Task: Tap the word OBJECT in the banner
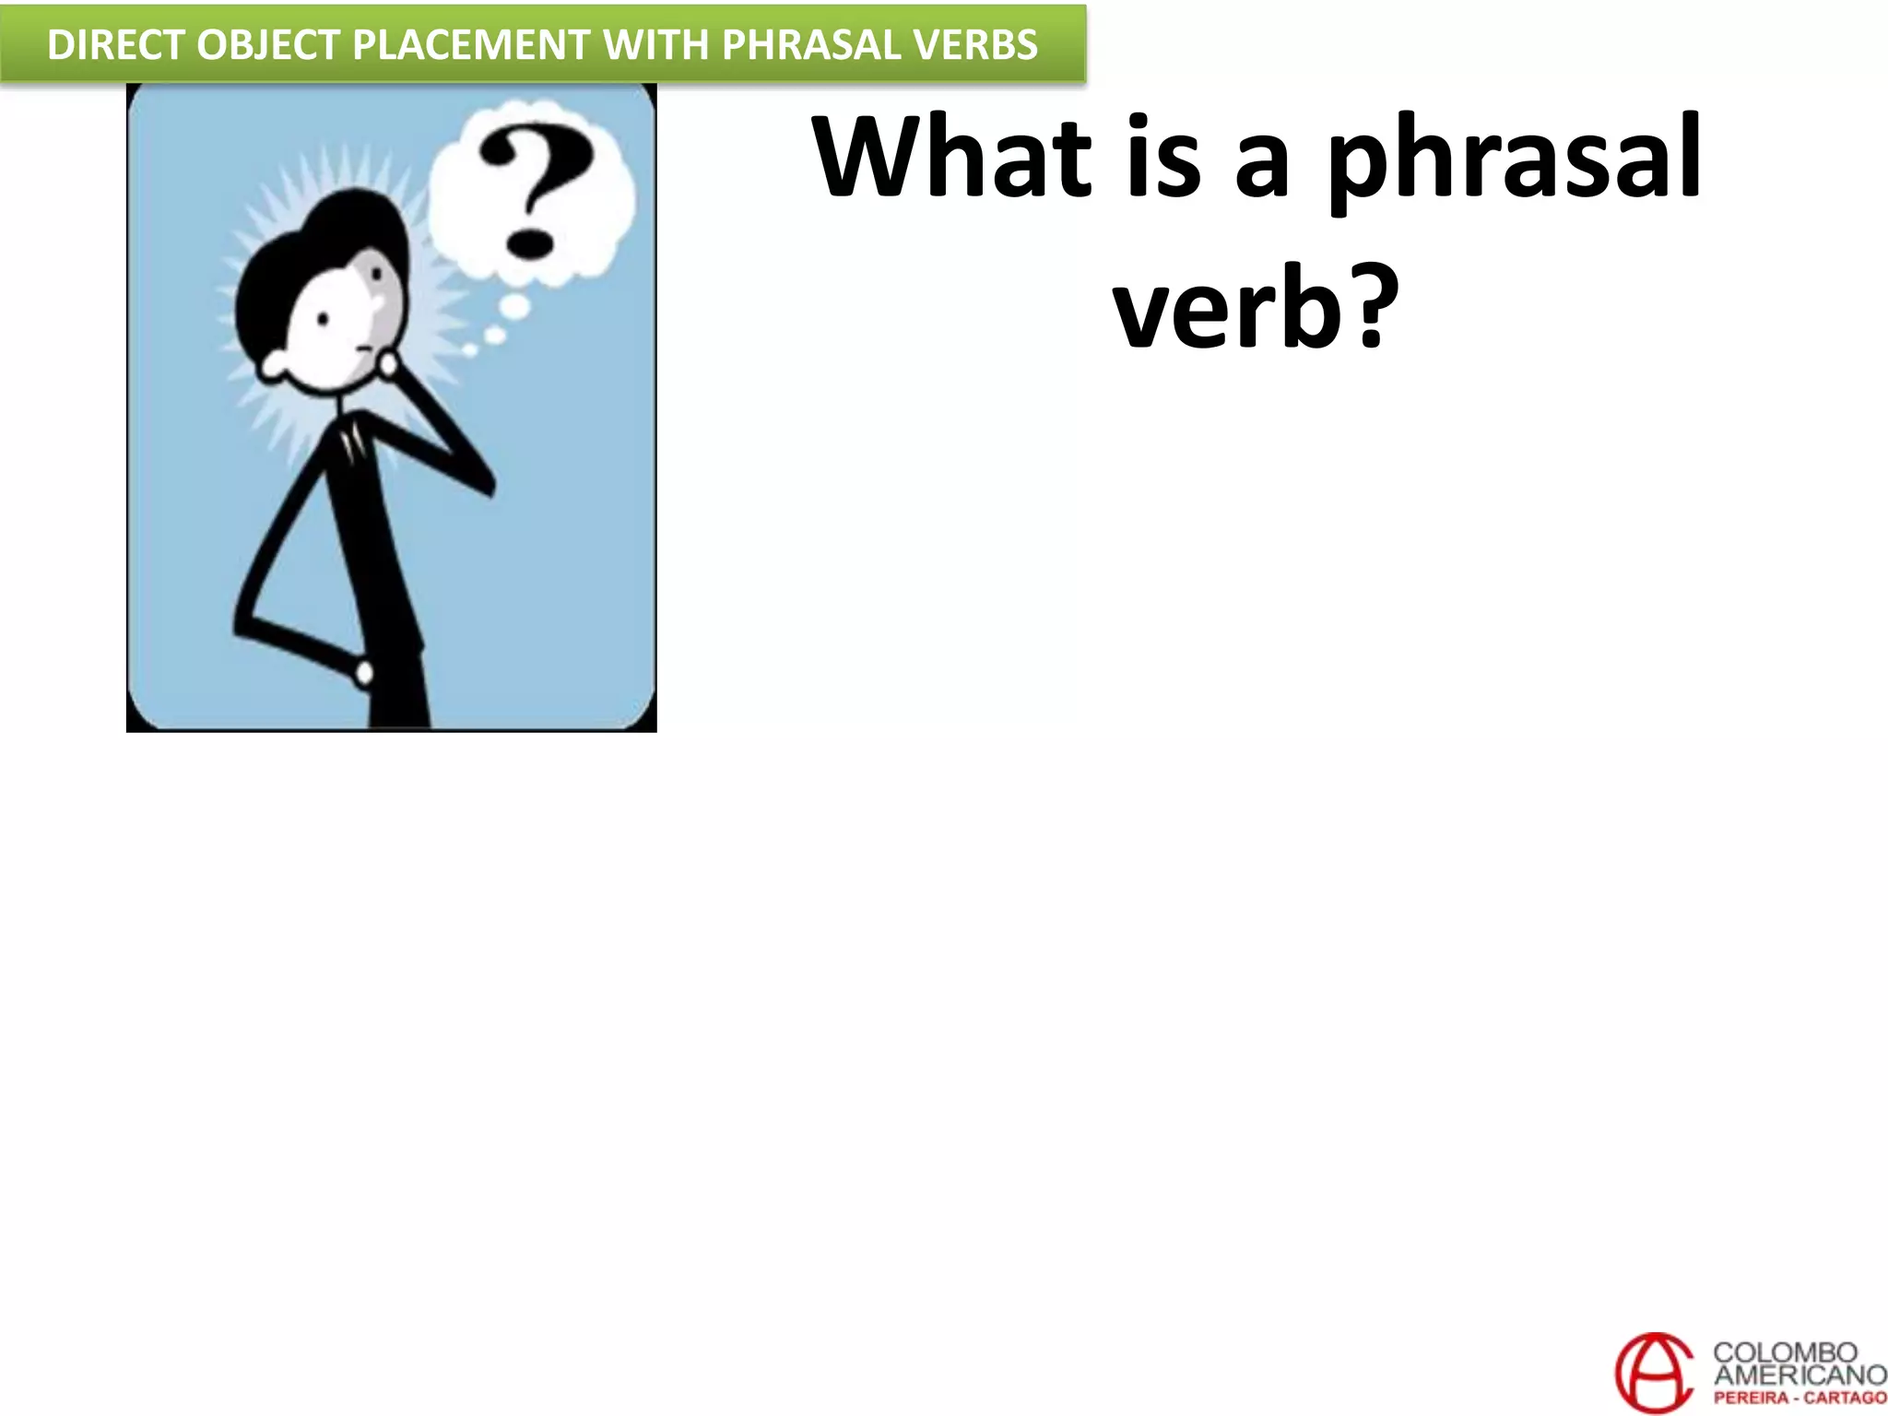coord(268,45)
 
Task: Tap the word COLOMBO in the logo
coord(1785,1353)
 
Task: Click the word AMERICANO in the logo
coord(1799,1375)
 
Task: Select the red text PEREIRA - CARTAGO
coord(1799,1398)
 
